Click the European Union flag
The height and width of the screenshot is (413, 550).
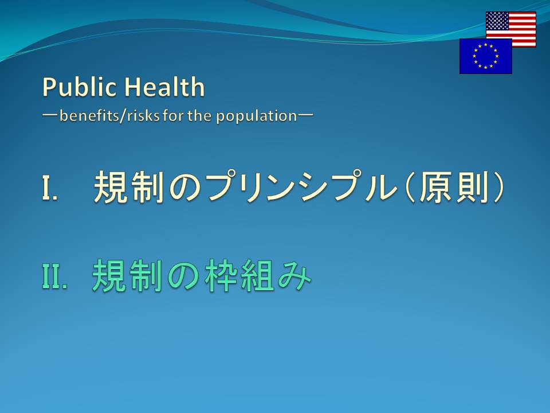pos(485,56)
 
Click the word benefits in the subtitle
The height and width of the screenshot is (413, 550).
pos(89,115)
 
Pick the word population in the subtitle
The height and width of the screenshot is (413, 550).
pos(257,116)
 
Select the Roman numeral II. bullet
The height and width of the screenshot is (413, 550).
pos(54,276)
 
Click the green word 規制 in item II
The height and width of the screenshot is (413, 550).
pos(128,276)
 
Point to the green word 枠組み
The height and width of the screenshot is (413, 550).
pos(258,276)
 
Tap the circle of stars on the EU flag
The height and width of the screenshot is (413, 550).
pos(485,56)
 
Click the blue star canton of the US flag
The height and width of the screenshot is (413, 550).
pos(497,21)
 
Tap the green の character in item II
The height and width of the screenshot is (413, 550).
pos(184,276)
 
